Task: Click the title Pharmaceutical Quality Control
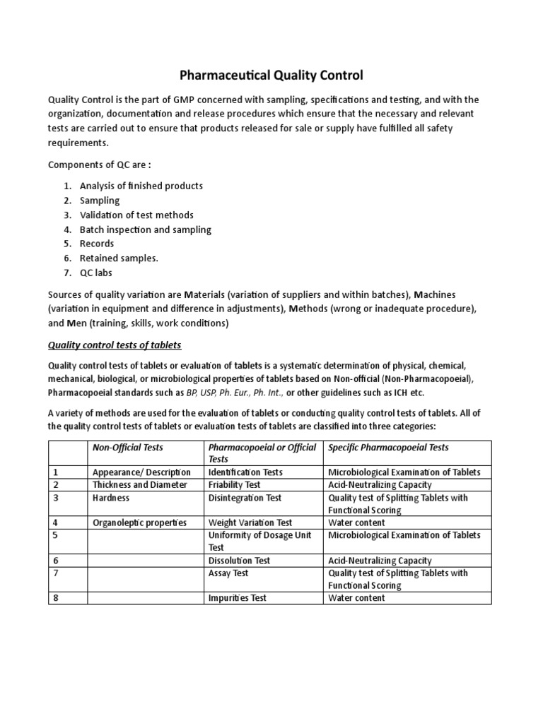click(x=271, y=74)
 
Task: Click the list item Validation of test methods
click(x=136, y=215)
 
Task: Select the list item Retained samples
click(x=119, y=258)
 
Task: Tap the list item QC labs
click(x=96, y=273)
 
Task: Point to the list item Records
click(x=97, y=244)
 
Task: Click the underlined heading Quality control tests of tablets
click(x=115, y=345)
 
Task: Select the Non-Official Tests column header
click(x=128, y=448)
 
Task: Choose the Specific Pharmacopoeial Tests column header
click(x=388, y=448)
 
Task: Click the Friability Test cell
click(x=235, y=485)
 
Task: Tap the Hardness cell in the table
click(x=112, y=498)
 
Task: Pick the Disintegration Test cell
click(x=245, y=498)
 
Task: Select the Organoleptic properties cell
click(x=139, y=522)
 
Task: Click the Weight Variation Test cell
click(x=250, y=522)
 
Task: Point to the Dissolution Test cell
click(x=239, y=561)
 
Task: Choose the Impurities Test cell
click(x=238, y=598)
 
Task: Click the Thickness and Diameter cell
click(x=140, y=485)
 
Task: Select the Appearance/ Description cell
click(x=141, y=472)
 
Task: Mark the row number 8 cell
click(x=55, y=598)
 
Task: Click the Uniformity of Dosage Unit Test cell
click(x=259, y=541)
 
